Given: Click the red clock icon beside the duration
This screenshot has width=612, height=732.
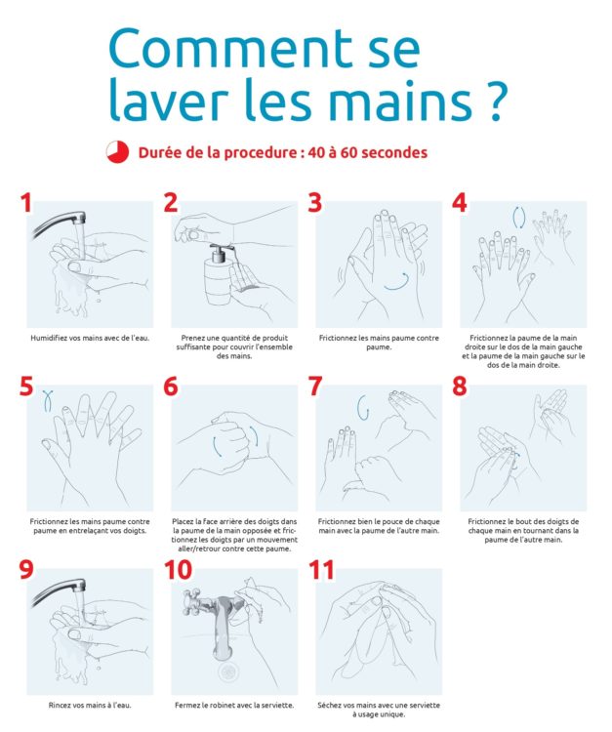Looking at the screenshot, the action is [117, 151].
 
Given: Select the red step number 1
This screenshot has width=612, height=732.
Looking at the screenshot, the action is [25, 203].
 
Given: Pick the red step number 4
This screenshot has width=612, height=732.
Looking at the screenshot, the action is [460, 203].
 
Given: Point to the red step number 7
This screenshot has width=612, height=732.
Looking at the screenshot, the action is [315, 386].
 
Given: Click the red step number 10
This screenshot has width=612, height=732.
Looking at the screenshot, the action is [178, 570].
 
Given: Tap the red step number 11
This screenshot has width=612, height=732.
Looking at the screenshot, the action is [322, 570].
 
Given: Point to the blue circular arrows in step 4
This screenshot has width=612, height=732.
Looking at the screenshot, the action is [519, 218].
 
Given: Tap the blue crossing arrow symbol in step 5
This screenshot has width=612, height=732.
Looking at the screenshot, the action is [47, 400].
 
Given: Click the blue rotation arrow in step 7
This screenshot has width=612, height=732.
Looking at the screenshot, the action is [362, 408].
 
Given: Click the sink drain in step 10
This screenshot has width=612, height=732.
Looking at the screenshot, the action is [228, 672].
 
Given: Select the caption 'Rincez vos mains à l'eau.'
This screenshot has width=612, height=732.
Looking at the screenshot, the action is [90, 705].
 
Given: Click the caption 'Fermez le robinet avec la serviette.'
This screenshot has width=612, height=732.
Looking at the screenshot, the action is [234, 705].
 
